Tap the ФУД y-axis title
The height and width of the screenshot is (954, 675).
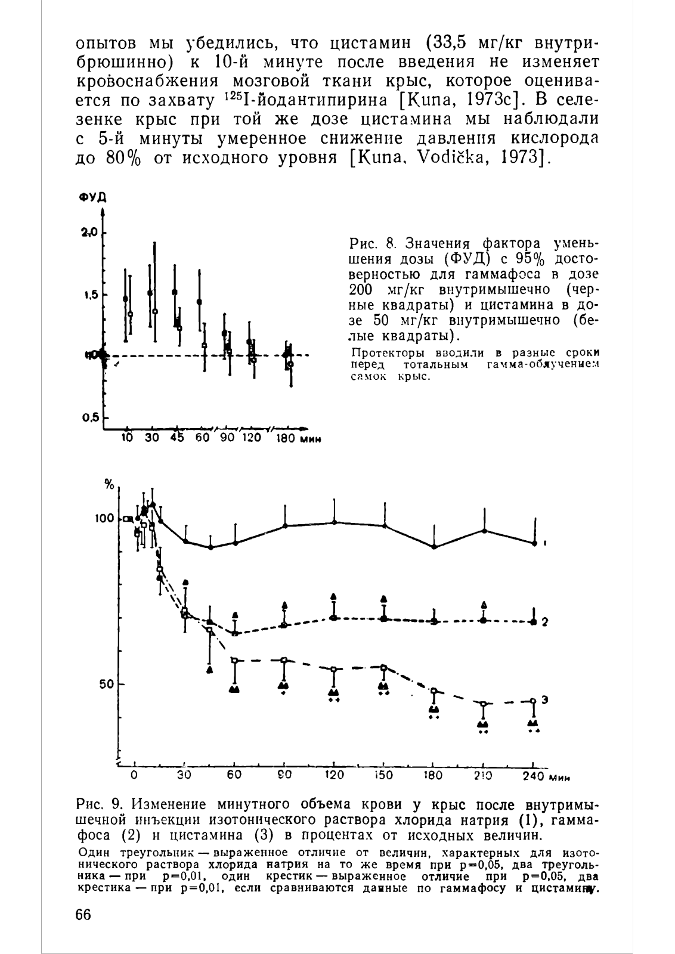pyautogui.click(x=92, y=197)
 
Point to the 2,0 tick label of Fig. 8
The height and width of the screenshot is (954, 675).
pyautogui.click(x=90, y=233)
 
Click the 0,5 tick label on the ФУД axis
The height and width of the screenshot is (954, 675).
pyautogui.click(x=90, y=417)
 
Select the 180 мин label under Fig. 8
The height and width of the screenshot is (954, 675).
pyautogui.click(x=298, y=438)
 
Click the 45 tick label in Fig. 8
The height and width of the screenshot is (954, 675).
pyautogui.click(x=177, y=438)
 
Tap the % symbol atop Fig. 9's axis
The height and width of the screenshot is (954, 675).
pyautogui.click(x=110, y=485)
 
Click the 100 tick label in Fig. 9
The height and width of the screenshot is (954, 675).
pyautogui.click(x=105, y=518)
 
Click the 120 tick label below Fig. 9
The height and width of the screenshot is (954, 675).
pyautogui.click(x=335, y=775)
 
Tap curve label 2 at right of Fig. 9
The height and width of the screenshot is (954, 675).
pyautogui.click(x=544, y=622)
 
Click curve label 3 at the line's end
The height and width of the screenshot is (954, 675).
pyautogui.click(x=544, y=699)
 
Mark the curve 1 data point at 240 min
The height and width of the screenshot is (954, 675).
pyautogui.click(x=535, y=543)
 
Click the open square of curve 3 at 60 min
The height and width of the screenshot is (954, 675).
pyautogui.click(x=234, y=660)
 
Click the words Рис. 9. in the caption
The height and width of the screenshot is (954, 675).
pyautogui.click(x=100, y=804)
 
